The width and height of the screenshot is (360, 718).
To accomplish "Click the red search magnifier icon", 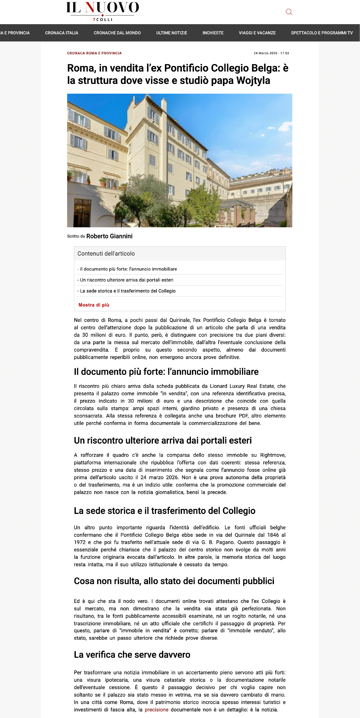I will [x=289, y=12].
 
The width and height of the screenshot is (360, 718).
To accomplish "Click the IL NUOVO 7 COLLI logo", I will [x=102, y=11].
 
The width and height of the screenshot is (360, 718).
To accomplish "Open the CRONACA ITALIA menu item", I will [x=62, y=33].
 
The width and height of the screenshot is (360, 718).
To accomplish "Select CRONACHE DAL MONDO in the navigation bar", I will [x=117, y=33].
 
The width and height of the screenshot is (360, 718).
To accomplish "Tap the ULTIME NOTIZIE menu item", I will [x=171, y=33].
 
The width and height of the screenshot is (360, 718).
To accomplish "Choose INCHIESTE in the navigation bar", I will [x=213, y=33].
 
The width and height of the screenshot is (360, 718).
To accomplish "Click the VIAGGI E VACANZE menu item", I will [x=257, y=33].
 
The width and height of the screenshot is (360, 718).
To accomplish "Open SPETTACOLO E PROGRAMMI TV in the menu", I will [x=322, y=33].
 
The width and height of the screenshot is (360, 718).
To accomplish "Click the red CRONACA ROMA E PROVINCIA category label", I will [x=94, y=53].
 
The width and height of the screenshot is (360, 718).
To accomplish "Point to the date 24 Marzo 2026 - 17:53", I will [x=271, y=53].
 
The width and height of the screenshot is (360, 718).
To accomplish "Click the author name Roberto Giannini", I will [x=109, y=236].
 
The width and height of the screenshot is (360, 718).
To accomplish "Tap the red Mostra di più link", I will [x=94, y=305].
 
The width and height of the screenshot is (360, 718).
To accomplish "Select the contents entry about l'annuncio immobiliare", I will [x=128, y=269].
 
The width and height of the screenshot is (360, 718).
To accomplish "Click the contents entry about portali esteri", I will [x=127, y=280].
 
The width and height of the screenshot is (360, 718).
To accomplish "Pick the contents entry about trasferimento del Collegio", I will [x=128, y=291].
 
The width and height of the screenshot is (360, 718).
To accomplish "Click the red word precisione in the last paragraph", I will [x=156, y=710].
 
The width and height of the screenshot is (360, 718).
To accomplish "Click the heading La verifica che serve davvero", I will [x=132, y=655].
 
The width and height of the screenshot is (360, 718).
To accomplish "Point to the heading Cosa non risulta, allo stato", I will [x=174, y=581].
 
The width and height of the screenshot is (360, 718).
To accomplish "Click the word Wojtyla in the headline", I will [x=253, y=80].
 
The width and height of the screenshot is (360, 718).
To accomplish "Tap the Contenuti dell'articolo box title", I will [x=106, y=253].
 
